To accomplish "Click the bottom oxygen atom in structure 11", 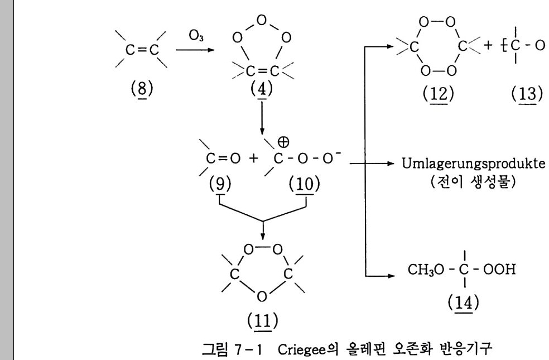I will point(262,296).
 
